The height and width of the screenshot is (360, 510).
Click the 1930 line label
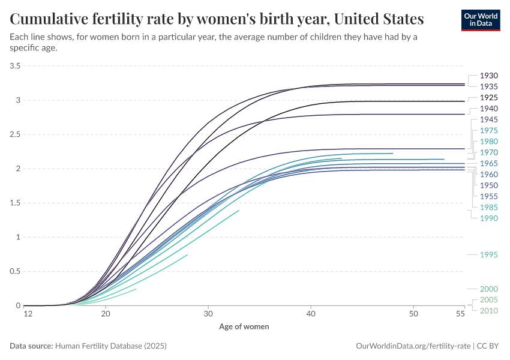(489, 76)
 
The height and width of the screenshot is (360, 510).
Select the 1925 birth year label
(489, 97)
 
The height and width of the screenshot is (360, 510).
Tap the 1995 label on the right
(489, 255)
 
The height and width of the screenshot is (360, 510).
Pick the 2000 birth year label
(489, 289)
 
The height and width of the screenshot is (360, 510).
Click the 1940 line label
(489, 109)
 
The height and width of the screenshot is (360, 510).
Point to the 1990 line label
(489, 218)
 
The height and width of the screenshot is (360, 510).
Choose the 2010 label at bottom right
(489, 310)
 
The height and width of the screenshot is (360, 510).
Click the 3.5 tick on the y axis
(14, 65)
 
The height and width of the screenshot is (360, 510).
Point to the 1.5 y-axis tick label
(14, 203)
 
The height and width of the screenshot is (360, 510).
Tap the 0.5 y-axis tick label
(14, 271)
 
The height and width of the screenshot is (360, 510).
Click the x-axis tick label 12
(27, 314)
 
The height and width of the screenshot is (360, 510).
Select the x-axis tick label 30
(208, 314)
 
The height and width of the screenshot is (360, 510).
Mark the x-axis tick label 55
(460, 314)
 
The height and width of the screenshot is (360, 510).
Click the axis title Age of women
(244, 326)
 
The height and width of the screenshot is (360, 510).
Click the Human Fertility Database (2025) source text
(110, 346)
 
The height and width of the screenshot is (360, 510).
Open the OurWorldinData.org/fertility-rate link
(413, 346)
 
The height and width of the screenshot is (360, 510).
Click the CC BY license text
(489, 346)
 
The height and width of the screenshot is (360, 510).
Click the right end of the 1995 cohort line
(188, 254)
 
